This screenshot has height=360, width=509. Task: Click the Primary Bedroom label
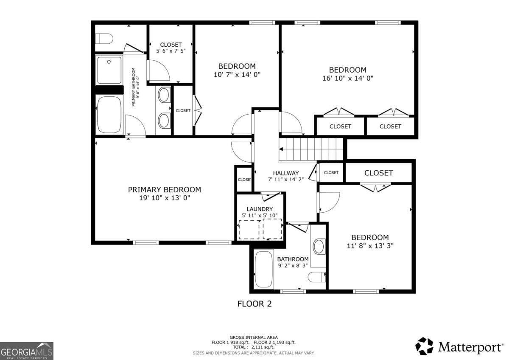(x=165, y=189)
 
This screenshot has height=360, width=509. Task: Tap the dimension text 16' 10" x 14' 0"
(x=348, y=78)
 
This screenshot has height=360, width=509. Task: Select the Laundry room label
(x=260, y=209)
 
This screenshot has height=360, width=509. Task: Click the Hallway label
(x=286, y=173)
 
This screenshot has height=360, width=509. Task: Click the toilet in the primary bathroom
(x=104, y=39)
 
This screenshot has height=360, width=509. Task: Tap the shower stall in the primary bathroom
(x=109, y=70)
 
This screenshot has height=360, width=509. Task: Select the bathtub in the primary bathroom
(x=109, y=115)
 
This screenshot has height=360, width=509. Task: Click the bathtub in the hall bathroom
(x=264, y=269)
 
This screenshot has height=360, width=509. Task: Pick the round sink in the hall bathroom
(x=319, y=246)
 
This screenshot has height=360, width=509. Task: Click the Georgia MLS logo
(x=27, y=351)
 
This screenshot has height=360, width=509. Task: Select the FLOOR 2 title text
(x=254, y=304)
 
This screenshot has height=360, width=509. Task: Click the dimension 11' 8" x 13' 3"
(x=370, y=246)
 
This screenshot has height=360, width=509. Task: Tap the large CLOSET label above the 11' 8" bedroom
(x=378, y=173)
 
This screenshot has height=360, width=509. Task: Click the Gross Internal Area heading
(x=254, y=337)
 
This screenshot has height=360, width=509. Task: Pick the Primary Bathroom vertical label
(x=135, y=87)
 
